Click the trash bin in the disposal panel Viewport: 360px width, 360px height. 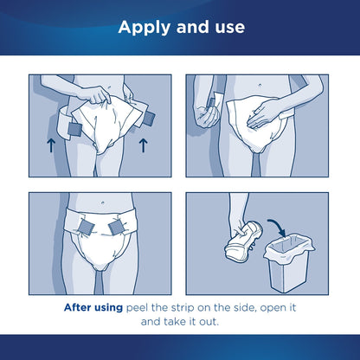pos(274,260)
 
